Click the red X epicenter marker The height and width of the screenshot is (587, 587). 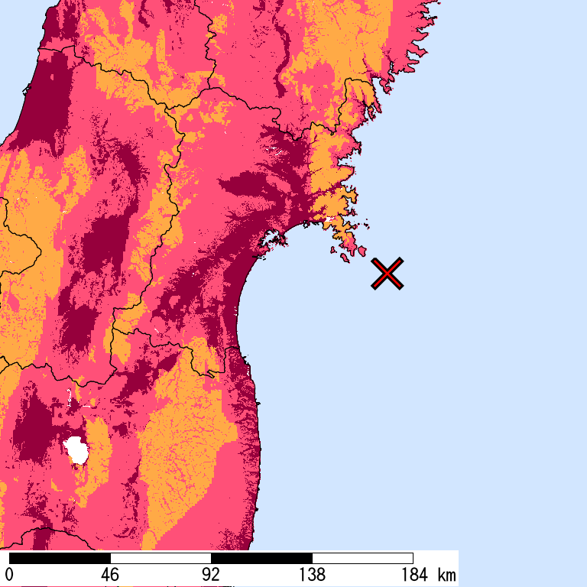click(388, 274)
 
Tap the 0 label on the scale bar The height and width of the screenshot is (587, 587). click(10, 575)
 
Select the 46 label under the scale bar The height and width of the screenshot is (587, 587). click(110, 575)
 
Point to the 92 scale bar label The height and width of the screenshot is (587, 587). click(211, 575)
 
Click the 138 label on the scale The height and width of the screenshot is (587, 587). click(312, 575)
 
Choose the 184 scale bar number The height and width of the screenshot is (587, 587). click(413, 575)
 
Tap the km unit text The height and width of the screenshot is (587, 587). click(447, 575)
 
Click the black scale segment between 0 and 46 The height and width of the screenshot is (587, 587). click(60, 558)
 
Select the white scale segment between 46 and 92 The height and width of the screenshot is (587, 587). click(161, 558)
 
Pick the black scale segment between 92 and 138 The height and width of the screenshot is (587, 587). click(261, 558)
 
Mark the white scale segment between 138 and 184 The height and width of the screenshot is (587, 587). click(362, 558)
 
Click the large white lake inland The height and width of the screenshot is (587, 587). click(76, 450)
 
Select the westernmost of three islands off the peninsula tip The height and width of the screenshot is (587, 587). click(332, 248)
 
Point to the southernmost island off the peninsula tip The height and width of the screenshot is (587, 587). click(345, 260)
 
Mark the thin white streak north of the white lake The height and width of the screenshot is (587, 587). click(70, 397)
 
